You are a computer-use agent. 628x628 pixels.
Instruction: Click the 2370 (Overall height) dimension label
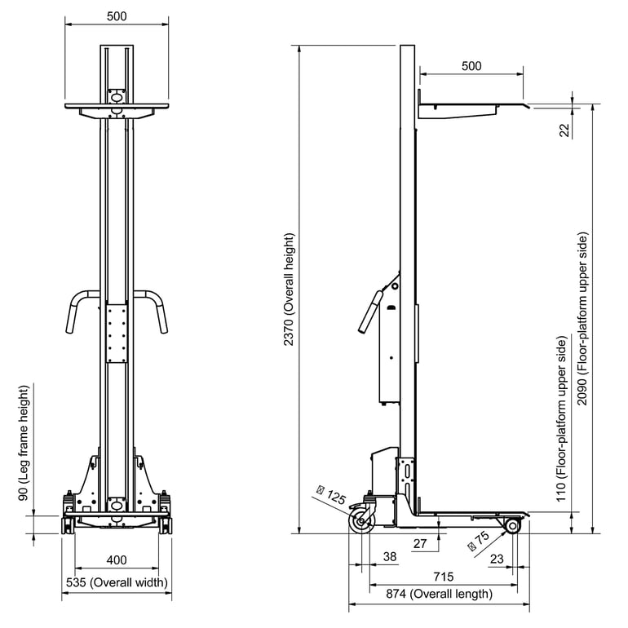pyautogui.click(x=290, y=290)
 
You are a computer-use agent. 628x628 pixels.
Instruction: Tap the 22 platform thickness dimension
pyautogui.click(x=564, y=130)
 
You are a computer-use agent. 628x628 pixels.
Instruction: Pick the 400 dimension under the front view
pyautogui.click(x=117, y=560)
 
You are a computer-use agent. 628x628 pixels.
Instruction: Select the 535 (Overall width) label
pyautogui.click(x=117, y=582)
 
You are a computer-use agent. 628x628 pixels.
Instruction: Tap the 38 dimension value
pyautogui.click(x=390, y=556)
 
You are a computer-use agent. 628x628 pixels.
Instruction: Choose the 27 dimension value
pyautogui.click(x=421, y=544)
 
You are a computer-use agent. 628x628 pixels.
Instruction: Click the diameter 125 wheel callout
pyautogui.click(x=331, y=494)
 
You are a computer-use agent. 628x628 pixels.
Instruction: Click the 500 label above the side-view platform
pyautogui.click(x=471, y=66)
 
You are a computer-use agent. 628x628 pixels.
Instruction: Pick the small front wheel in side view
pyautogui.click(x=512, y=526)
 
